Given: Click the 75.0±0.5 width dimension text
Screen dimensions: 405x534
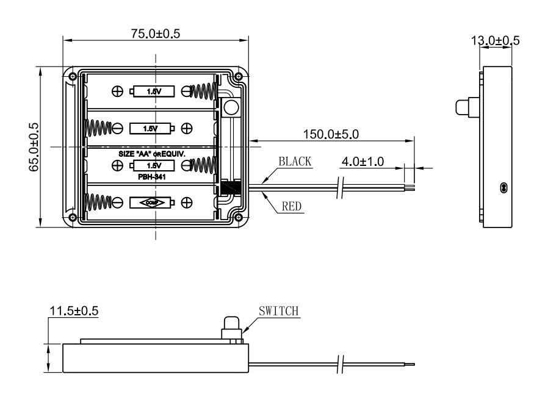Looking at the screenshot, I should [x=156, y=34].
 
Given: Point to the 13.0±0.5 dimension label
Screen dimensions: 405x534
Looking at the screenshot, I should [x=495, y=41].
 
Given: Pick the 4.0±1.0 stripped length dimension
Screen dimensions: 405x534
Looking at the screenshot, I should [x=363, y=162].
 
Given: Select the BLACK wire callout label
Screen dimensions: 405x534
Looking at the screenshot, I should [x=295, y=162].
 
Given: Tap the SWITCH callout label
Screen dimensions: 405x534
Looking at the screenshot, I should [x=279, y=312].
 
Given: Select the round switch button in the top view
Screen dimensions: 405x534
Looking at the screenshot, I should [x=231, y=109].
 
